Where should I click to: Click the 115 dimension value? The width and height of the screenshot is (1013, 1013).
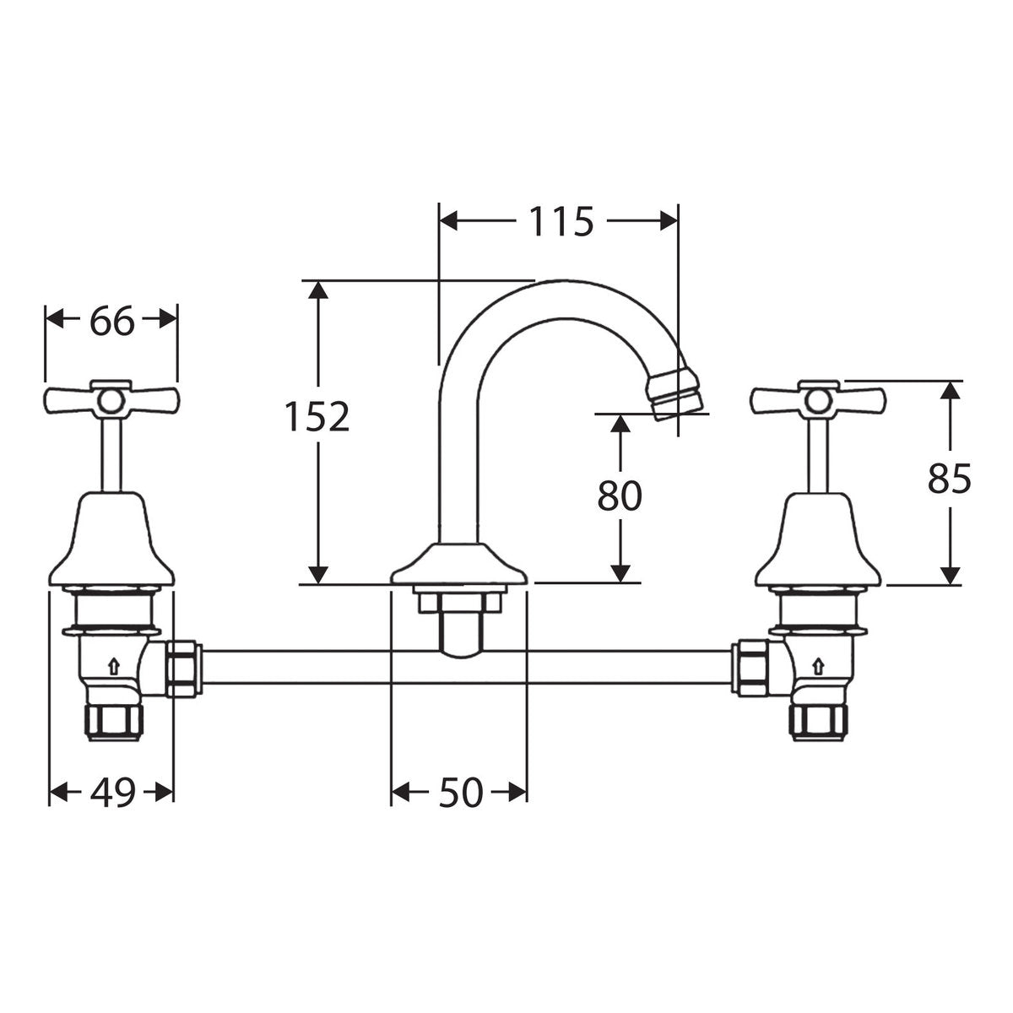coord(561,221)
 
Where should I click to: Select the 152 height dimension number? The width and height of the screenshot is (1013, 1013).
coord(317,416)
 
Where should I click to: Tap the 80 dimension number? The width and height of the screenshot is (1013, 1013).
coord(620,496)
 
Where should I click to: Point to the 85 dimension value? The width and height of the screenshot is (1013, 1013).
coord(949,479)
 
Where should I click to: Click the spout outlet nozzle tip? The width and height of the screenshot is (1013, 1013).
coord(675,393)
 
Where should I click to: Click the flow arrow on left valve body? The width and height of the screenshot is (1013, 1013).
coord(113,667)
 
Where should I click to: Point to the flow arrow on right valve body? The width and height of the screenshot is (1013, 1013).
coord(818,667)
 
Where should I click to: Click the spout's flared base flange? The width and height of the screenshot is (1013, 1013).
coord(458,564)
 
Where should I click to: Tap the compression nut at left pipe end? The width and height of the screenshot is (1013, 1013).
coord(183,668)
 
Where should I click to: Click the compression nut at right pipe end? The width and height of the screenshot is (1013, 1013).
coord(751,668)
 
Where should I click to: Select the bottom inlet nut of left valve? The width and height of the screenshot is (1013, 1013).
coord(114,722)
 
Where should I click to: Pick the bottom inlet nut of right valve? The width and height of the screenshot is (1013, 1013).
coord(818,722)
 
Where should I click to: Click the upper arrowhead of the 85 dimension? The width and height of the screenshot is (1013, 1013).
coord(950,393)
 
